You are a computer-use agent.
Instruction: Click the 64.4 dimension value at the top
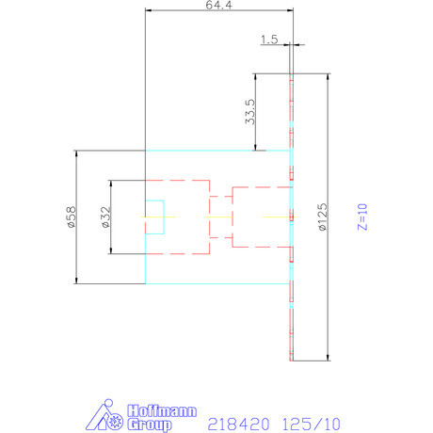(218, 6)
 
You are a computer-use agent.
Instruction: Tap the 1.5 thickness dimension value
(269, 40)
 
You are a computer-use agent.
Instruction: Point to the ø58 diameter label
(69, 216)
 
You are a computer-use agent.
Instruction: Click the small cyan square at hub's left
(154, 216)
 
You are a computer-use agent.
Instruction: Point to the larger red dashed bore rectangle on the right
(259, 216)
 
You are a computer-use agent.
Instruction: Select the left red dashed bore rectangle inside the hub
(176, 216)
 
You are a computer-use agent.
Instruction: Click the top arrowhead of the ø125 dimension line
(327, 76)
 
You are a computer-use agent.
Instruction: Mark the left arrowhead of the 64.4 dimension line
(149, 10)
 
